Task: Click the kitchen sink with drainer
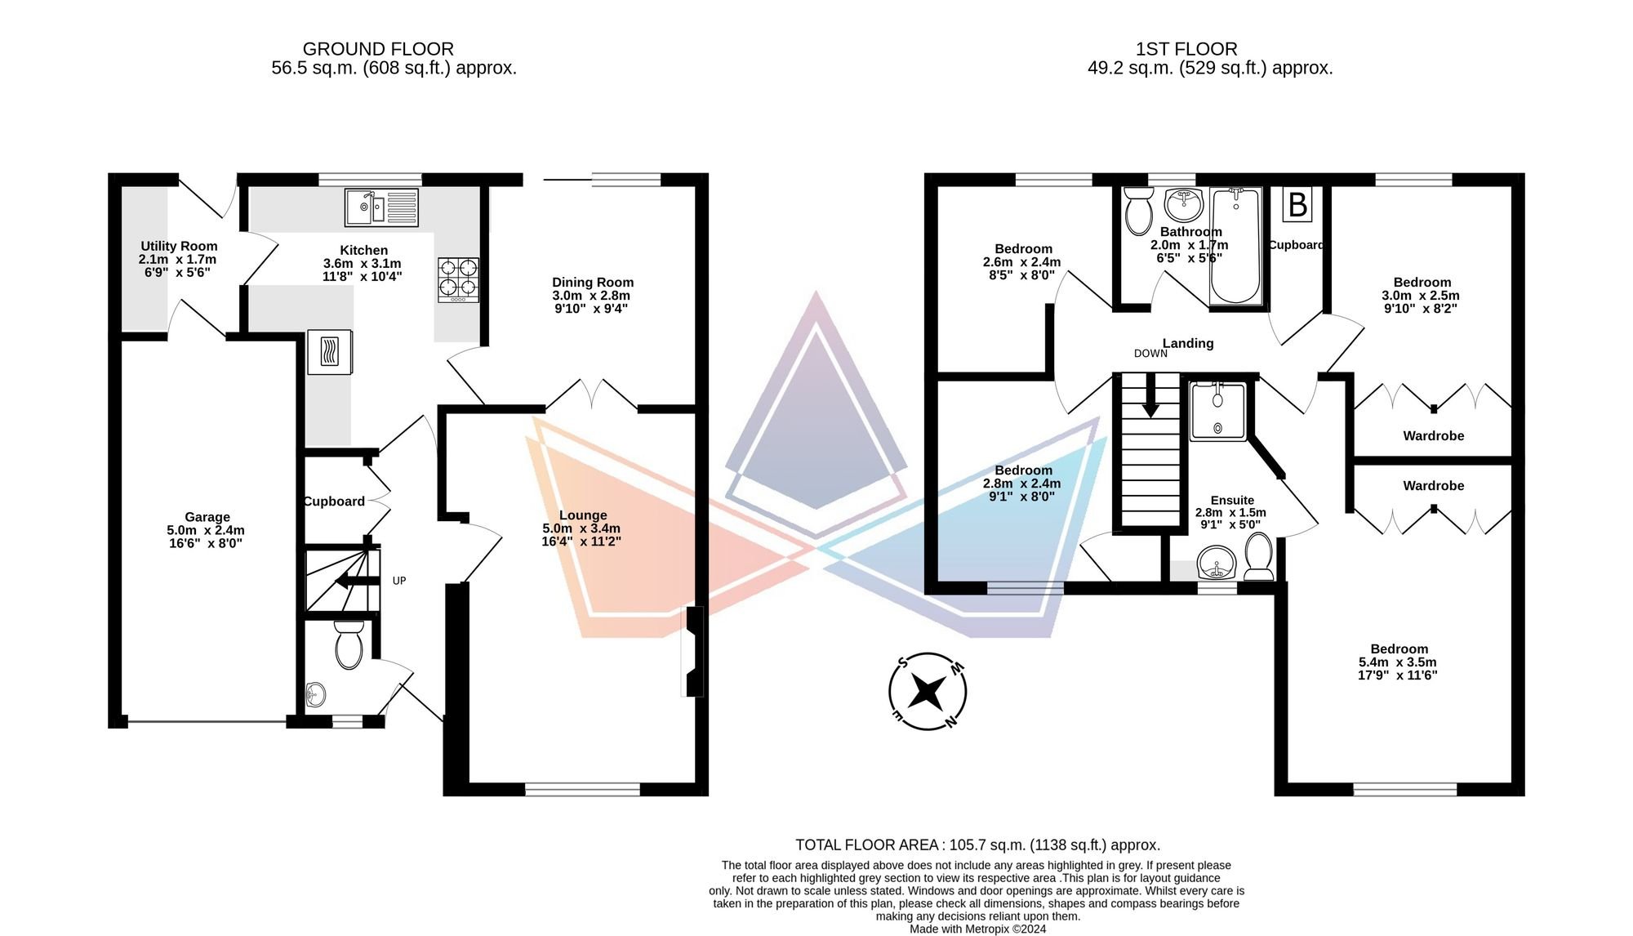point(381,207)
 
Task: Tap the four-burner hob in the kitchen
point(458,279)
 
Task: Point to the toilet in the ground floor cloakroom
point(349,644)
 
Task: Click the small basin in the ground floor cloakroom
point(315,696)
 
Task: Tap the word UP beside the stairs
point(399,581)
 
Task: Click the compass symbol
point(928,691)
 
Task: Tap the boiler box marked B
point(1297,205)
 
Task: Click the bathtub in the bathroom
point(1236,246)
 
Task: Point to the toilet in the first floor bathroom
point(1137,210)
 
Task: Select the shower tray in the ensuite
point(1217,411)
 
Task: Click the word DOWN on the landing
point(1150,354)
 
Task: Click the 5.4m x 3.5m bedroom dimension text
point(1397,669)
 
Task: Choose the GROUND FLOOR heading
point(378,49)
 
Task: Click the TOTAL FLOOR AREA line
point(977,845)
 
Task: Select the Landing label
point(1188,343)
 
